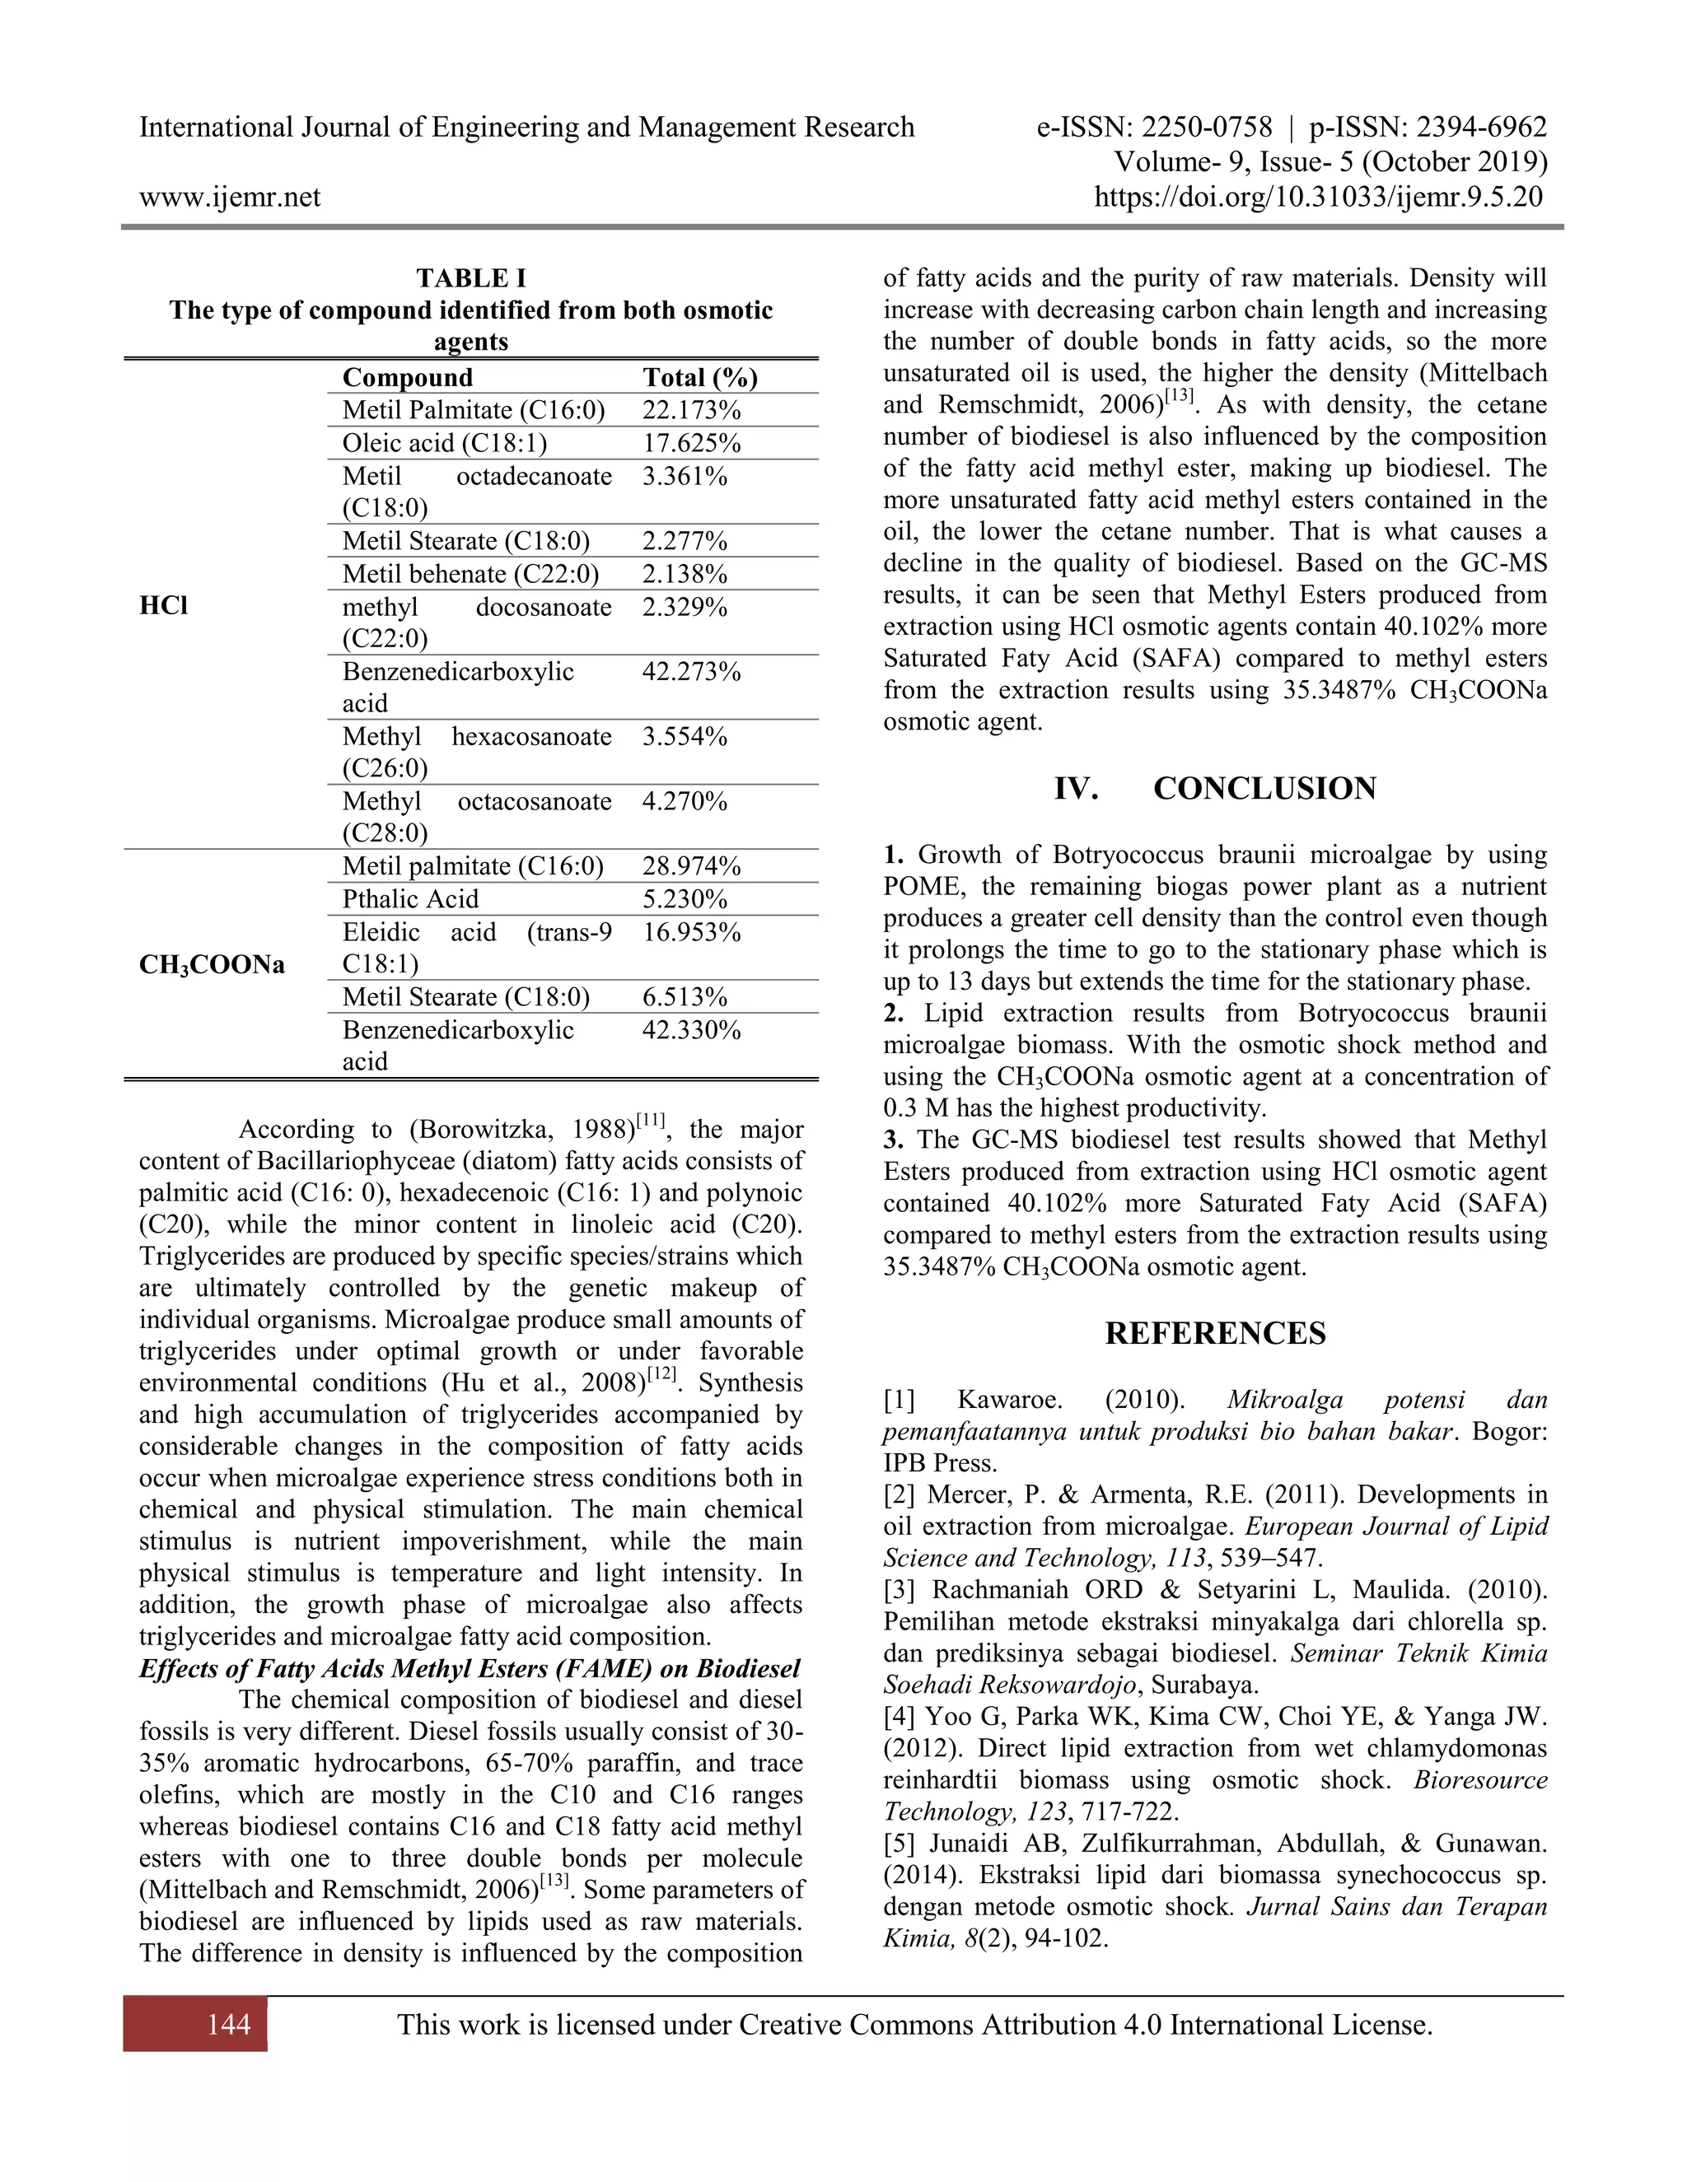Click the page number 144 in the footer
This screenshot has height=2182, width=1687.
[x=229, y=2024]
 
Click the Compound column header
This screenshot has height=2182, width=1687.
[x=407, y=378]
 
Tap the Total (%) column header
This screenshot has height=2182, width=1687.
[x=699, y=378]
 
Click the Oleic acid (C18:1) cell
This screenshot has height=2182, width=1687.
[x=444, y=444]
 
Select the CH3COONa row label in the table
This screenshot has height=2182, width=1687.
[x=211, y=965]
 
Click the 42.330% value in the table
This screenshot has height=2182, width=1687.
[x=690, y=1030]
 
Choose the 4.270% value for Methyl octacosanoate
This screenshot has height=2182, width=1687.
[x=684, y=801]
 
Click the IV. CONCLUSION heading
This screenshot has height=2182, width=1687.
[x=1214, y=788]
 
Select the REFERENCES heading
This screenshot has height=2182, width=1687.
[x=1214, y=1334]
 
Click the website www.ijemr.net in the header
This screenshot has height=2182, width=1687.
[x=230, y=197]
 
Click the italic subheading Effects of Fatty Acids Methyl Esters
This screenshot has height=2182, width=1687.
[x=470, y=1670]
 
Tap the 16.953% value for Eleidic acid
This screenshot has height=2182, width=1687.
[x=690, y=932]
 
